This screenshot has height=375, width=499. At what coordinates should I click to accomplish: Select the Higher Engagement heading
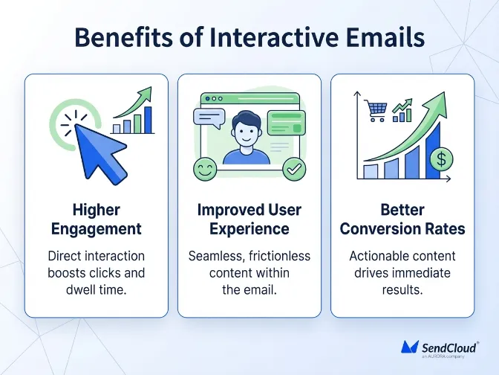click(x=97, y=219)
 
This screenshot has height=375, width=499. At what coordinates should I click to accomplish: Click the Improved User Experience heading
click(x=249, y=219)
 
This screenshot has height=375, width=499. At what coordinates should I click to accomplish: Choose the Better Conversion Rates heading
click(x=402, y=219)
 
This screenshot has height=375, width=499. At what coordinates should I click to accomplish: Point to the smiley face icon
click(x=203, y=170)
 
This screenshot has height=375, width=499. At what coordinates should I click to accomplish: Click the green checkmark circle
click(x=295, y=170)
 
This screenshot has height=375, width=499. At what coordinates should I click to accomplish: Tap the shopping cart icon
click(x=376, y=110)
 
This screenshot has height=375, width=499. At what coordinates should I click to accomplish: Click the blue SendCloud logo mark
click(x=411, y=347)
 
